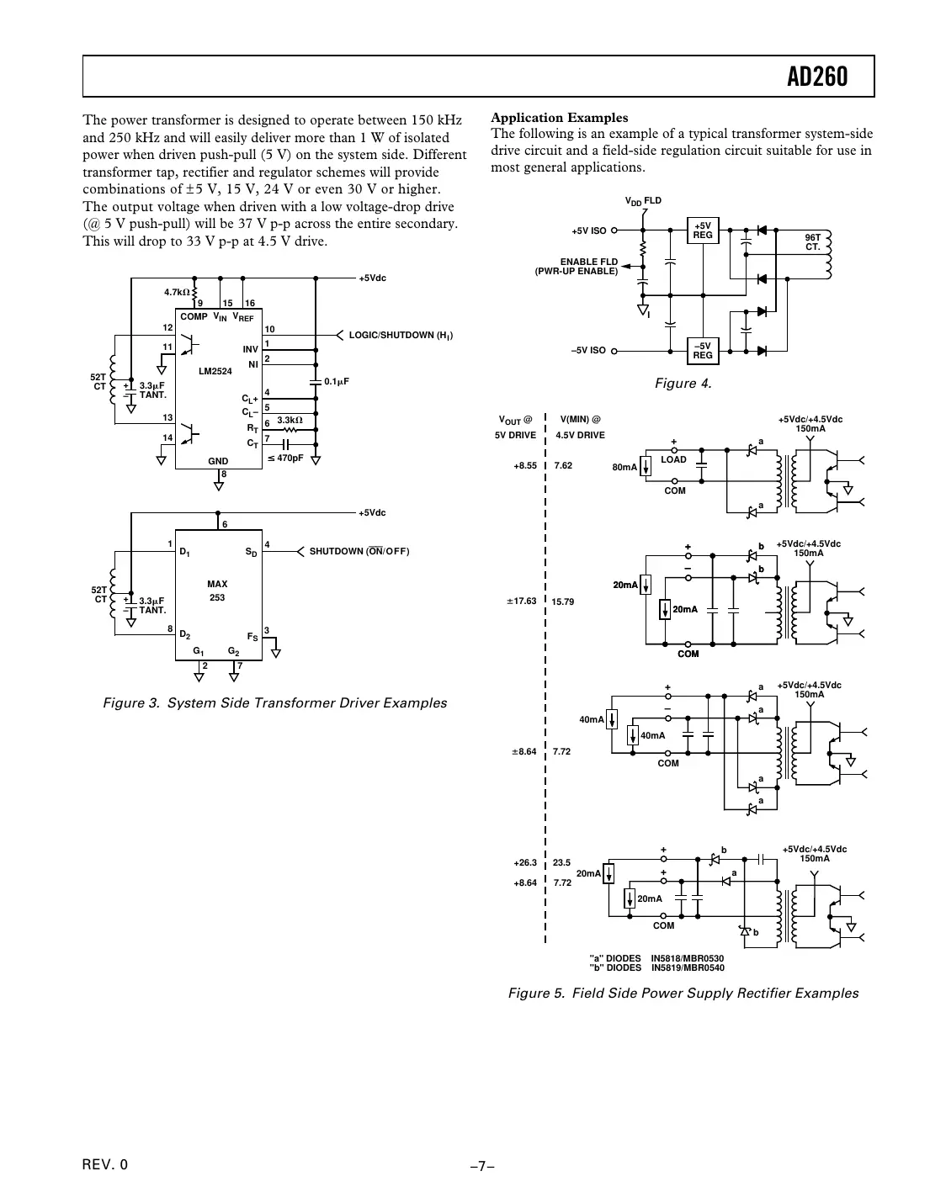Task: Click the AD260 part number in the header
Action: point(817,77)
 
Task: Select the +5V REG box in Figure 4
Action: point(703,231)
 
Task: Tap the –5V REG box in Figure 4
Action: point(703,351)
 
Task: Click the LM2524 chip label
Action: point(215,371)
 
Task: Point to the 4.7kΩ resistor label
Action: point(177,292)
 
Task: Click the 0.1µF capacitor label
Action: point(337,381)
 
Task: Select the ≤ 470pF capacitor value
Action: point(285,458)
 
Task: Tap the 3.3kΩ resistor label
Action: point(290,420)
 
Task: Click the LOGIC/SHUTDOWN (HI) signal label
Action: point(401,336)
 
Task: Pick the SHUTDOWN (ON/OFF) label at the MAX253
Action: point(359,552)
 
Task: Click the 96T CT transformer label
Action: point(812,242)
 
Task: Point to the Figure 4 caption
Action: point(683,384)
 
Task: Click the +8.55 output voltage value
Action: point(524,466)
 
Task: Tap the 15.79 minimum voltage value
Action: point(562,601)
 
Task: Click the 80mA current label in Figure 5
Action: point(624,467)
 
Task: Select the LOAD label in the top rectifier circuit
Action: point(673,460)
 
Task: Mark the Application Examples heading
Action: point(559,118)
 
